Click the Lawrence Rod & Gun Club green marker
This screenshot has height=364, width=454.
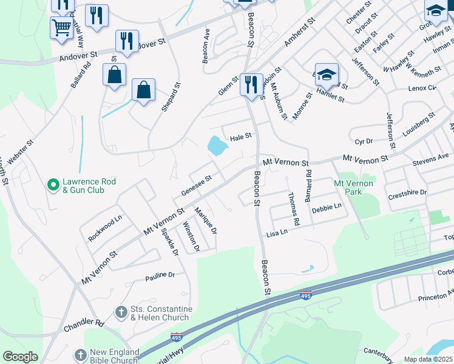(53, 182)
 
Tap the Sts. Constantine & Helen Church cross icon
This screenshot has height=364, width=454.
(121, 313)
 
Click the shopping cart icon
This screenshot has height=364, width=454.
(62, 27)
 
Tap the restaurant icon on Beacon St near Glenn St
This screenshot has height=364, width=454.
(251, 83)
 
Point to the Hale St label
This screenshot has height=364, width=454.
(240, 137)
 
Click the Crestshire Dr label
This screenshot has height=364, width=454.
(407, 192)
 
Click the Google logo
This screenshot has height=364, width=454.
(20, 357)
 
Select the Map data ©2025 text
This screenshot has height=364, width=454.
(429, 359)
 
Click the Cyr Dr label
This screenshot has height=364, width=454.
(364, 141)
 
